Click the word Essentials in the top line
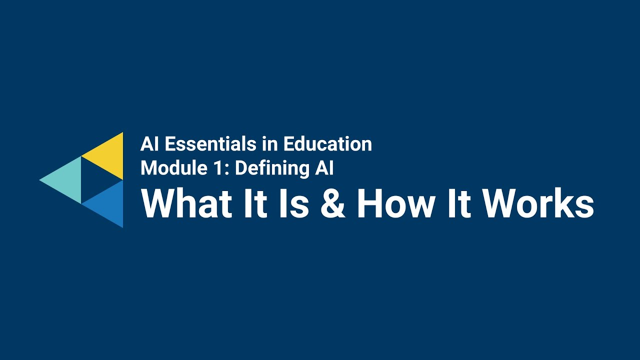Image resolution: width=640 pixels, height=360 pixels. click(210, 144)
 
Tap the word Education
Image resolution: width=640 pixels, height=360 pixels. click(327, 144)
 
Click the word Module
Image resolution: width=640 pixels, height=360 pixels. click(167, 168)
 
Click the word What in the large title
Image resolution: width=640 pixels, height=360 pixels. click(187, 204)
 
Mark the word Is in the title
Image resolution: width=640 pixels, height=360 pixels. click(294, 204)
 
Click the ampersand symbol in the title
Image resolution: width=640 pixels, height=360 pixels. click(333, 204)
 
